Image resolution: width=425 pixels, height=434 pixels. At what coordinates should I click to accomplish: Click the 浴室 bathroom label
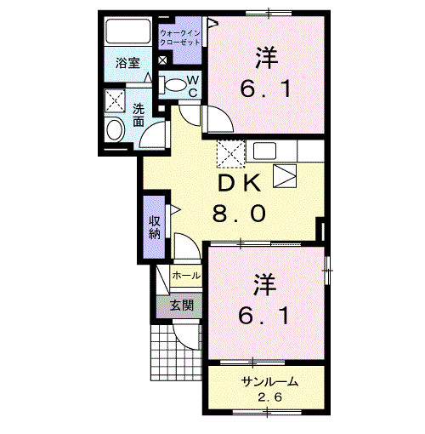[127, 63]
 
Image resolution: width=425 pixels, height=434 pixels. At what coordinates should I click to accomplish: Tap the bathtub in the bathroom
[127, 31]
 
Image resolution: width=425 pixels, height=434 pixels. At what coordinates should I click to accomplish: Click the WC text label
[193, 87]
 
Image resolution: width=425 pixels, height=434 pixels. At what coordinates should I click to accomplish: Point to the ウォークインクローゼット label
[180, 38]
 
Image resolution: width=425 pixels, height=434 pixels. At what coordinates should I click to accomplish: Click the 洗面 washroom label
[139, 115]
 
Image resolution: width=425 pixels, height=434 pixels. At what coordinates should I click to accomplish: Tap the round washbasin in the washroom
[115, 130]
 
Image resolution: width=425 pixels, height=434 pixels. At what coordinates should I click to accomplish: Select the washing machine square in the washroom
[115, 100]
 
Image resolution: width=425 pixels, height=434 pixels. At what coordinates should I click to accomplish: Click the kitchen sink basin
[264, 151]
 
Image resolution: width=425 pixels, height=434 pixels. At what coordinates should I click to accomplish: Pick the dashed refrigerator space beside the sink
[230, 154]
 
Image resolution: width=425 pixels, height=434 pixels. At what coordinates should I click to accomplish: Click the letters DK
[239, 183]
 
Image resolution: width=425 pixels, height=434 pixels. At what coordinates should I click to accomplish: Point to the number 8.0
[240, 214]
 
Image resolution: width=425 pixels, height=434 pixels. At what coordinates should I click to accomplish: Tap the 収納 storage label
[155, 228]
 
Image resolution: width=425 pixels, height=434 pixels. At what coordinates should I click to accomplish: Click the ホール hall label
[186, 275]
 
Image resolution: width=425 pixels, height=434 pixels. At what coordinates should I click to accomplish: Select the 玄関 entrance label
[182, 306]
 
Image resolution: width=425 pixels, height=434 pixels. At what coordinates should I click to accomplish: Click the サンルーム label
[269, 382]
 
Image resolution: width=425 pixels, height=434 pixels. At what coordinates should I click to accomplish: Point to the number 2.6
[270, 397]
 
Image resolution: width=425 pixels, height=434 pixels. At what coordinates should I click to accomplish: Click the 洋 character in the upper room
[267, 58]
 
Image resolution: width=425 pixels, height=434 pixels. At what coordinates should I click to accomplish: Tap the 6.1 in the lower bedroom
[264, 316]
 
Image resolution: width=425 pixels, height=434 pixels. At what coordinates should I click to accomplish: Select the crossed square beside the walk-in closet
[162, 60]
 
